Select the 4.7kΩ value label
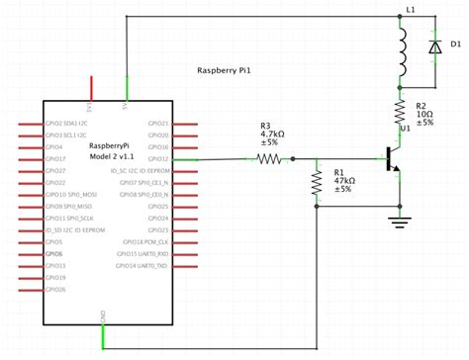point(272,134)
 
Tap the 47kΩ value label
point(342,180)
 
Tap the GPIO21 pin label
point(157,124)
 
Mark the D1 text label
point(456,45)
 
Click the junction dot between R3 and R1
point(316,159)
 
